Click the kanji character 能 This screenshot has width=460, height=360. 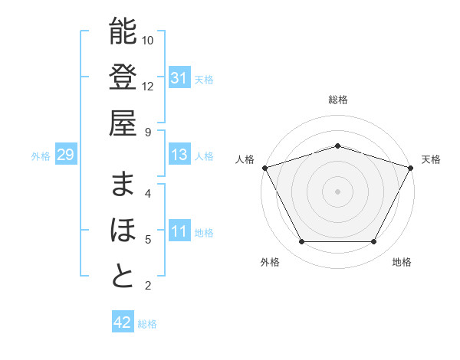[123, 31]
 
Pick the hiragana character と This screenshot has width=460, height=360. [123, 277]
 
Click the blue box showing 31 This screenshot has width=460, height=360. [179, 77]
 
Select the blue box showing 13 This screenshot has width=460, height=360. [179, 155]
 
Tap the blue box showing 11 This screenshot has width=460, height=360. [179, 232]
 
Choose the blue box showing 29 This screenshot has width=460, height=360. [65, 155]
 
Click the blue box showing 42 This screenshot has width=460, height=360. [122, 322]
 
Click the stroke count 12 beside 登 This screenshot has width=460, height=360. [148, 86]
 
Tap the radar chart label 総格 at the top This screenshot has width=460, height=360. [337, 100]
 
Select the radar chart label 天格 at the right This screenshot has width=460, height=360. [431, 159]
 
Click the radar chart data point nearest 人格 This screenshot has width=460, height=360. [264, 168]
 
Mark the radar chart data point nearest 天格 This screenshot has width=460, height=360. [411, 168]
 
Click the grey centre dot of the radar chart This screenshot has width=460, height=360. [337, 191]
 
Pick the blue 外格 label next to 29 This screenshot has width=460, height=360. [41, 156]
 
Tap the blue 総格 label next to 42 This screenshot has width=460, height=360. [147, 324]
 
